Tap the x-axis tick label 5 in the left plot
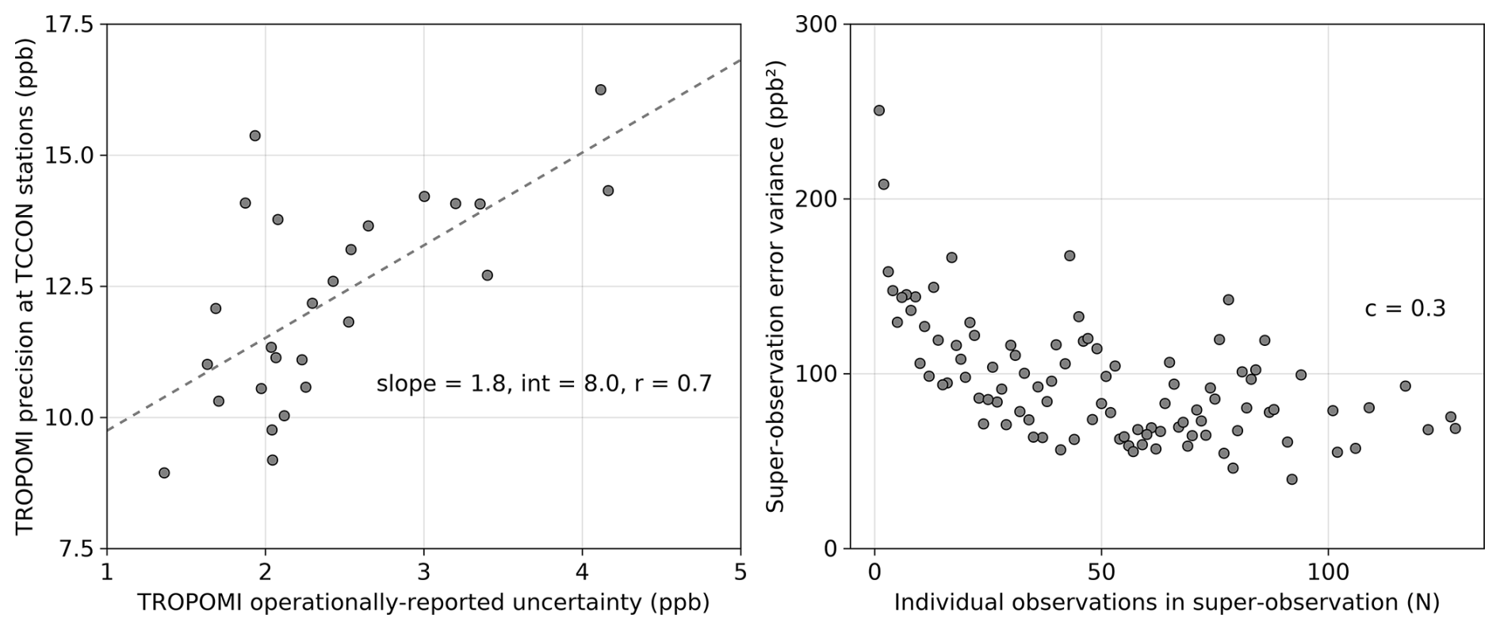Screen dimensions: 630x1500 point(740,571)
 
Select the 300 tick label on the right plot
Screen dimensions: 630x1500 point(816,25)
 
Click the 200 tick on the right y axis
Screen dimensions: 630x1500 point(816,199)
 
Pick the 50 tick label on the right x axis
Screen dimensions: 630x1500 point(1101,571)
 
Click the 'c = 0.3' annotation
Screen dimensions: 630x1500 point(1405,308)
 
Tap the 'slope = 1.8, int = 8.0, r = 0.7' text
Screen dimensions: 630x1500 point(544,384)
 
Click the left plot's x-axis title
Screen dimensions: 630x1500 point(423,603)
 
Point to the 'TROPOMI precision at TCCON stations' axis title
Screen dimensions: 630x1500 point(25,286)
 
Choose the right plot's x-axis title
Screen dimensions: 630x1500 point(1166,603)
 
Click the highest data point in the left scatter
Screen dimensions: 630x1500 point(600,90)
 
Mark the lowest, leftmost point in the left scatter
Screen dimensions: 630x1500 point(164,473)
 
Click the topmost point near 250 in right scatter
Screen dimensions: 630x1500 point(878,110)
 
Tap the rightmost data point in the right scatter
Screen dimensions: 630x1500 point(1455,428)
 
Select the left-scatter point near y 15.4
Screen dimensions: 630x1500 point(254,136)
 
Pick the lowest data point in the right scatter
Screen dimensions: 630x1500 point(1291,479)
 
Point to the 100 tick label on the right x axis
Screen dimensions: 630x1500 point(1329,571)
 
